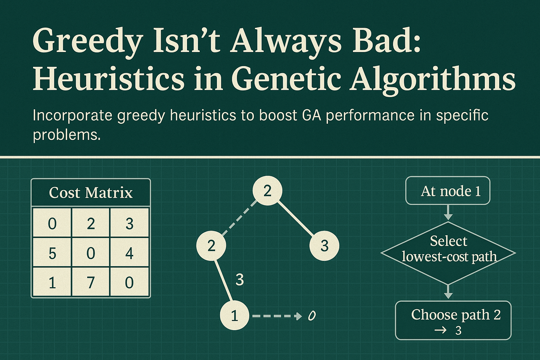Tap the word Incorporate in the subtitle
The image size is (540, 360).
coord(72,115)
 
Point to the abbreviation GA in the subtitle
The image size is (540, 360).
coord(311,115)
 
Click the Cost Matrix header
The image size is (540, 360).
coord(91,193)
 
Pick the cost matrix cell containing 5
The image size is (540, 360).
coord(52,253)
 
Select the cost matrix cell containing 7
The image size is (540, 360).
coord(91,282)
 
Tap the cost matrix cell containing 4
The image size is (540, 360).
coord(129,253)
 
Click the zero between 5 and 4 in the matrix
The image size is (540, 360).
coord(91,253)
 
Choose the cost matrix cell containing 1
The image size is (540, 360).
coord(52,282)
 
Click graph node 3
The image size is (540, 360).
coord(324,245)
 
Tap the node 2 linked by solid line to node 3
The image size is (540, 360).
coord(267,191)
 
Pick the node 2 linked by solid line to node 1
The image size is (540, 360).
coord(211,245)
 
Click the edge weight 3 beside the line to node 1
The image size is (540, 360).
coord(239,279)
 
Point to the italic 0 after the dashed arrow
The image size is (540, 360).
coord(311,316)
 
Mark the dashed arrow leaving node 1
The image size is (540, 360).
coord(276,316)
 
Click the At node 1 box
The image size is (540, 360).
coord(448,191)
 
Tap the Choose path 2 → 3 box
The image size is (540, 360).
coord(453,320)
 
